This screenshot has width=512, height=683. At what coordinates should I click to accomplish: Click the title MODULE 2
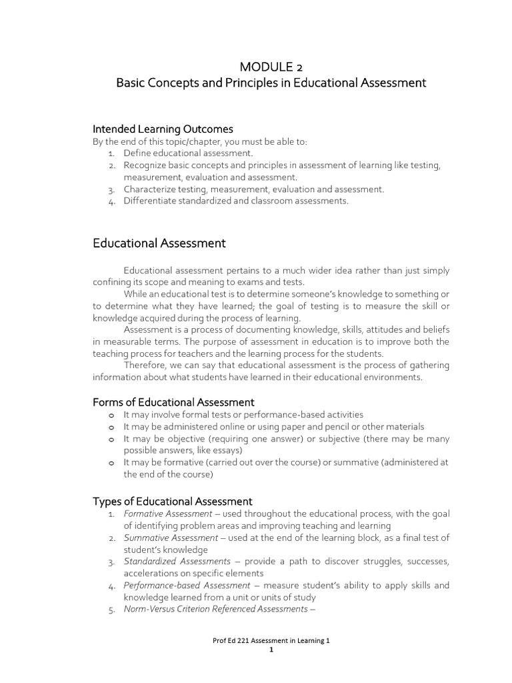(x=270, y=66)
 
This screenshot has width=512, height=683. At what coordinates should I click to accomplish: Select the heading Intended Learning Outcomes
(x=162, y=128)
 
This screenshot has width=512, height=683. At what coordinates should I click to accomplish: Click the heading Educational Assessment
(x=159, y=243)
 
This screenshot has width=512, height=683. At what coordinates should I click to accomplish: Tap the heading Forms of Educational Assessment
(x=173, y=402)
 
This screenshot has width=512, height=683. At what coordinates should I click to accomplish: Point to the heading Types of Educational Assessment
(x=172, y=501)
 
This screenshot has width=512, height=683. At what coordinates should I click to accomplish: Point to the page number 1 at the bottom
(x=271, y=651)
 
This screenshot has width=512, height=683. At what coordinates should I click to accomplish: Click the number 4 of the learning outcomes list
(x=111, y=201)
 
